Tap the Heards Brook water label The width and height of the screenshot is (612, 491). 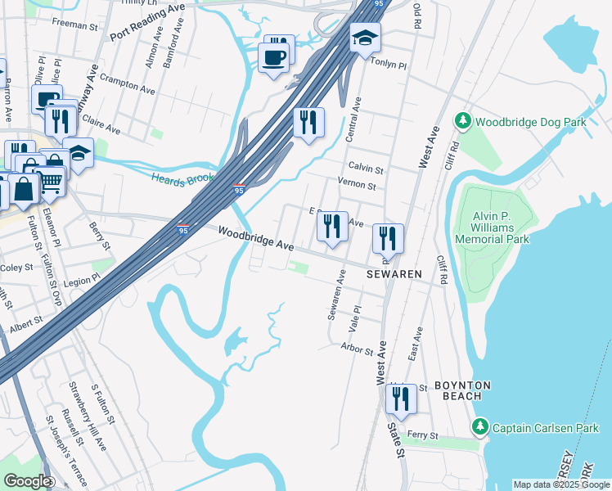point(182,178)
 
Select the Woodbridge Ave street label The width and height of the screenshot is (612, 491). point(255,239)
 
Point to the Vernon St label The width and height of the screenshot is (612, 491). point(357,186)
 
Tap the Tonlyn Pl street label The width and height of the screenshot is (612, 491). point(389,62)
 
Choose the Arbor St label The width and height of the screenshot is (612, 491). point(357,349)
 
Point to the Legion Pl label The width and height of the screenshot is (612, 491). point(84,278)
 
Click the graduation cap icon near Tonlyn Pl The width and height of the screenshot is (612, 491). point(365,38)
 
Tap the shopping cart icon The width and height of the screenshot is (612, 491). point(51,182)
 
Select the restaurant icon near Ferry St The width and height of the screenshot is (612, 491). point(400,399)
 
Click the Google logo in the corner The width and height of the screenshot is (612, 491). point(26,481)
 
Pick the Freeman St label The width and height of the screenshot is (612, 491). point(74,25)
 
